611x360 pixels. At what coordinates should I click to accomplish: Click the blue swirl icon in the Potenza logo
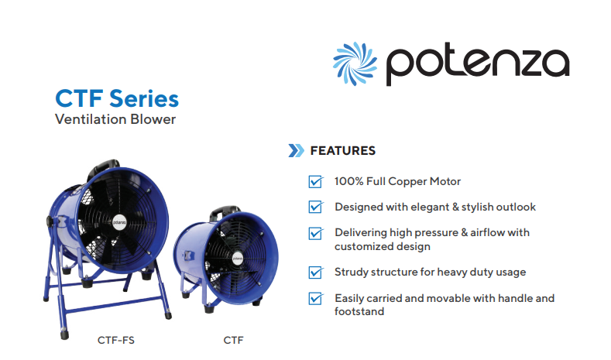click(355, 63)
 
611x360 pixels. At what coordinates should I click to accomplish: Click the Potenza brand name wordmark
click(478, 64)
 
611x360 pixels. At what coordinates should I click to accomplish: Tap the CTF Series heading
click(117, 98)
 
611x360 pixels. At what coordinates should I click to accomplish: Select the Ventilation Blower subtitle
click(115, 119)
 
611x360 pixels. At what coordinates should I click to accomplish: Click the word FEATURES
click(343, 151)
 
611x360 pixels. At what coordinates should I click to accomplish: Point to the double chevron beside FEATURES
click(296, 151)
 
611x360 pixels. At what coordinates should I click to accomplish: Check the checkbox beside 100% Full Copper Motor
click(316, 182)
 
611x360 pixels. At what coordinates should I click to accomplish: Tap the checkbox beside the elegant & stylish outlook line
click(316, 207)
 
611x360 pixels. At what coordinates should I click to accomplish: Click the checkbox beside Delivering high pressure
click(316, 233)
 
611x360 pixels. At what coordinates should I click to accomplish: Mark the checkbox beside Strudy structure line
click(316, 273)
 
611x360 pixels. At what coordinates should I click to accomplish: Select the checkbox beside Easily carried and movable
click(316, 298)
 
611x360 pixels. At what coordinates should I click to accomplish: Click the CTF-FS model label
click(115, 341)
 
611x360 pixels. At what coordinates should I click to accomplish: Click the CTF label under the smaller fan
click(233, 341)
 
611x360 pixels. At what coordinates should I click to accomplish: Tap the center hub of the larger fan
click(119, 222)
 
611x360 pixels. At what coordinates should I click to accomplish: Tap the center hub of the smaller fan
click(237, 259)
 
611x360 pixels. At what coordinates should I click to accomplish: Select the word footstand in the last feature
click(359, 312)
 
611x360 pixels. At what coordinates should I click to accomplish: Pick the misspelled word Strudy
click(351, 273)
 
